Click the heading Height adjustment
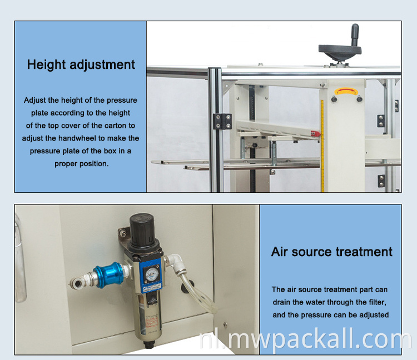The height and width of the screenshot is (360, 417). pos(81,65)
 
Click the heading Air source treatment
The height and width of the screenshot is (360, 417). pos(331,252)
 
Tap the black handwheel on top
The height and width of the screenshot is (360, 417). pos(340,51)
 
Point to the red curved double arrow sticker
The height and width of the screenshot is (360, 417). pos(346,92)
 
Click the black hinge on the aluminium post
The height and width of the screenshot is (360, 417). pos(222,122)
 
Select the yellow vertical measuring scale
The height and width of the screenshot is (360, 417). pos(322,146)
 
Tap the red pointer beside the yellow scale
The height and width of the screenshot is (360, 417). pos(315,133)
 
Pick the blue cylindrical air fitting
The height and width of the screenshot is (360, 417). pos(109,275)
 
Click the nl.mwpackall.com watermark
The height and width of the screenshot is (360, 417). pos(305,339)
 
